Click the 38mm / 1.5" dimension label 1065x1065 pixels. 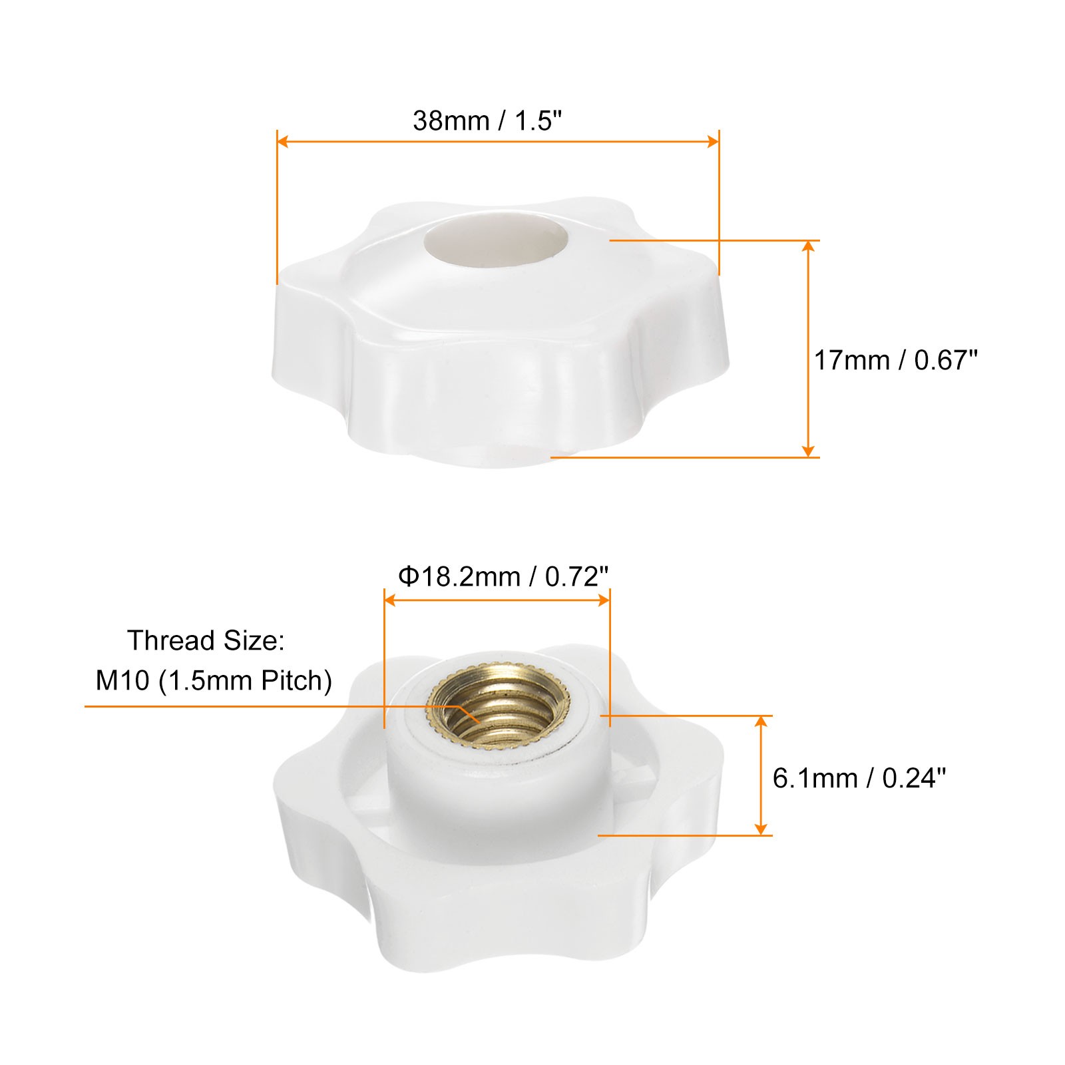point(488,121)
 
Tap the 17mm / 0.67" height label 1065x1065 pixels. point(895,360)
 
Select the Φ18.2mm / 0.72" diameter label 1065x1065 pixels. point(503,576)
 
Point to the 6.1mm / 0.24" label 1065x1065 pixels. point(859,777)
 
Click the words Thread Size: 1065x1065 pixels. point(206,640)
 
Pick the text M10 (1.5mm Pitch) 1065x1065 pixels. point(214,680)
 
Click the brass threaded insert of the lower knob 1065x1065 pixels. point(499,715)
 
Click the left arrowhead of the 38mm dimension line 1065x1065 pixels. point(282,141)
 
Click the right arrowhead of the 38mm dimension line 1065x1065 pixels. point(714,141)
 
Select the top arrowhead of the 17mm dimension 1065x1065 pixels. point(808,246)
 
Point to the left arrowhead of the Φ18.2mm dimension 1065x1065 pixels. point(391,600)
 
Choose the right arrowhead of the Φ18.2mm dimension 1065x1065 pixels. point(604,600)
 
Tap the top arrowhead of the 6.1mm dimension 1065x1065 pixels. point(761,722)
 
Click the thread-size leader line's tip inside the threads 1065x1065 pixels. point(479,722)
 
